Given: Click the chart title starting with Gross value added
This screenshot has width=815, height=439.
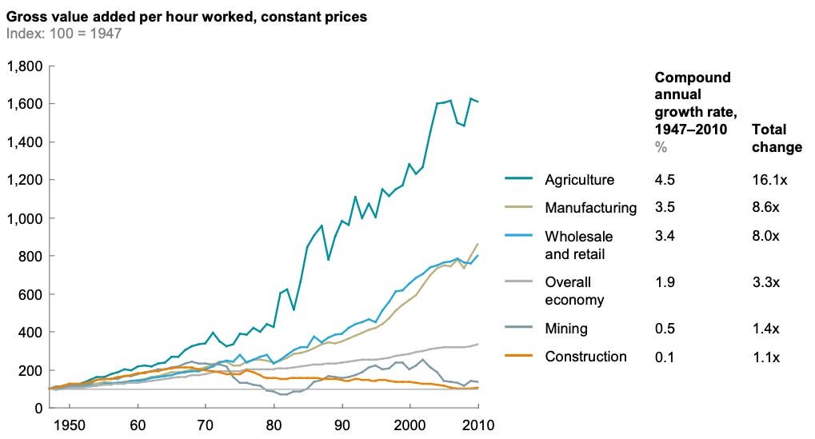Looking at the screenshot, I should (x=186, y=17).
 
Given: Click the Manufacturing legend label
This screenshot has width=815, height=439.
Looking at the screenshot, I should (x=590, y=208).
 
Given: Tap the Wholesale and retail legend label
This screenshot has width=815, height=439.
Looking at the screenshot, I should (x=579, y=245).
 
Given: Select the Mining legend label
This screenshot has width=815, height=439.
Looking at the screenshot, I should (x=565, y=328).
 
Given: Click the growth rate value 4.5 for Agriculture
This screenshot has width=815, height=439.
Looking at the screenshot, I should (x=664, y=179).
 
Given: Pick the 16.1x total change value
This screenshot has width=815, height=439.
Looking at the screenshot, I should (x=770, y=179).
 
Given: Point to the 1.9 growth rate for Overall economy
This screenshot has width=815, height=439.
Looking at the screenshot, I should (x=664, y=282).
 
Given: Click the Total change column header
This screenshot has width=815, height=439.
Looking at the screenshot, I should (x=776, y=138).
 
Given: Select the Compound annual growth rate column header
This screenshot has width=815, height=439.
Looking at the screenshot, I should (x=693, y=104).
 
